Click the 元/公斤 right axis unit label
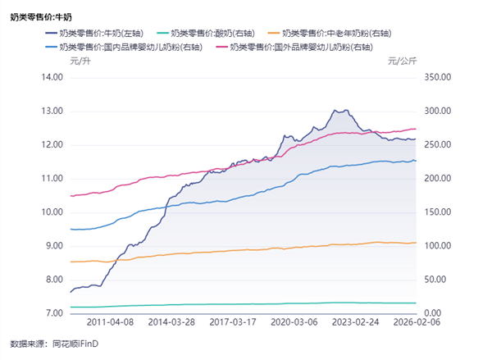pos(402,61)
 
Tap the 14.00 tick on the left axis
pos(52,77)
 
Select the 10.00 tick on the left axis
pos(52,212)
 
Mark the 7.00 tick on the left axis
pos(52,314)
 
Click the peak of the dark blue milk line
pos(335,109)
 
